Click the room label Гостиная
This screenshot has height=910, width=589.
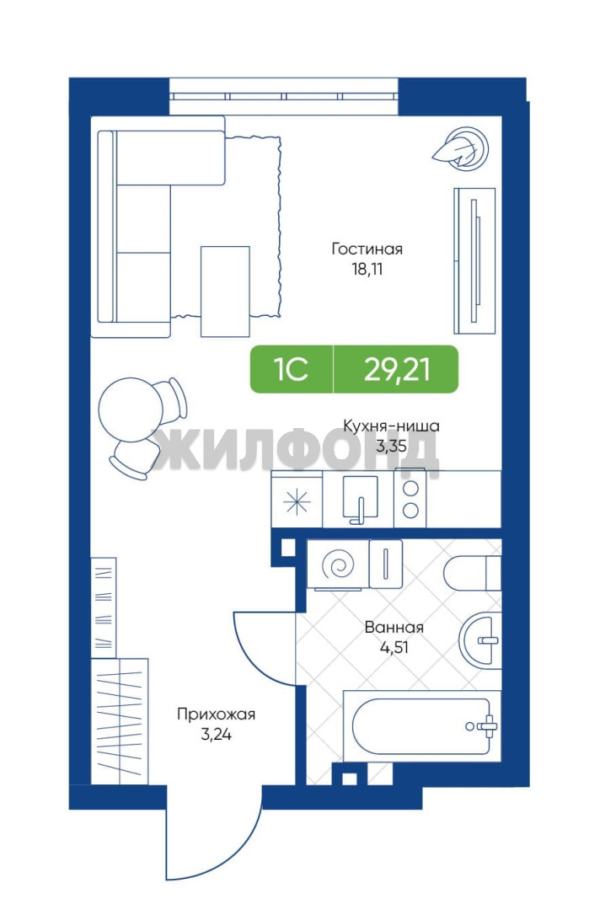(x=367, y=249)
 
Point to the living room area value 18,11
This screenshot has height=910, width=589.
(x=367, y=270)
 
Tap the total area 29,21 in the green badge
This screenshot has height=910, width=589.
(x=397, y=369)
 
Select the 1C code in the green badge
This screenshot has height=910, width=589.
(x=291, y=369)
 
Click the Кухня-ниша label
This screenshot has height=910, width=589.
(x=391, y=426)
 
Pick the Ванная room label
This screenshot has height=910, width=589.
(x=394, y=628)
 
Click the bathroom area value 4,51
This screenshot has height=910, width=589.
(x=394, y=647)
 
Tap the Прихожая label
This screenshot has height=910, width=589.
(x=216, y=715)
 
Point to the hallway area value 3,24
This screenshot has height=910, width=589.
(x=216, y=735)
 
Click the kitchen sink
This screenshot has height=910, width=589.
(x=360, y=499)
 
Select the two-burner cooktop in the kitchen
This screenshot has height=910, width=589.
(x=410, y=499)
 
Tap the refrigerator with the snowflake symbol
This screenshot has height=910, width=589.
(x=297, y=500)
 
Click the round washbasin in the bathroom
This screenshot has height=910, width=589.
(x=480, y=640)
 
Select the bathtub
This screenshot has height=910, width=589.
(x=422, y=725)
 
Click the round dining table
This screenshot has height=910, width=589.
(x=128, y=409)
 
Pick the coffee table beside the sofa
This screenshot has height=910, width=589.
(x=225, y=291)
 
